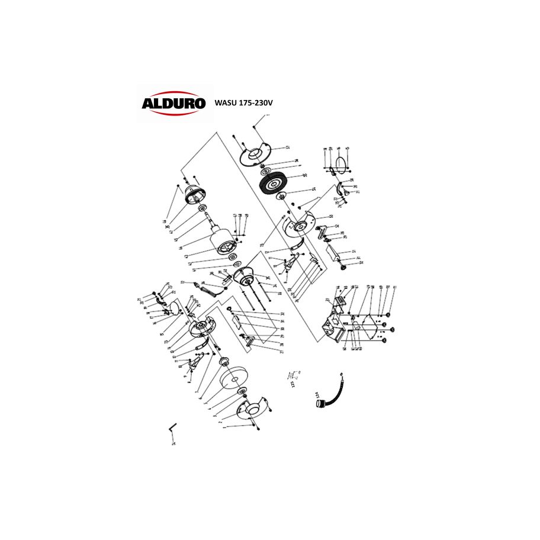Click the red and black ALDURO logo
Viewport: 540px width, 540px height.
(173, 103)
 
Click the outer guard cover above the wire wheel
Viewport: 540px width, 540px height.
(255, 153)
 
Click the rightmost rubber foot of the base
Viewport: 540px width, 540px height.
(393, 329)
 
